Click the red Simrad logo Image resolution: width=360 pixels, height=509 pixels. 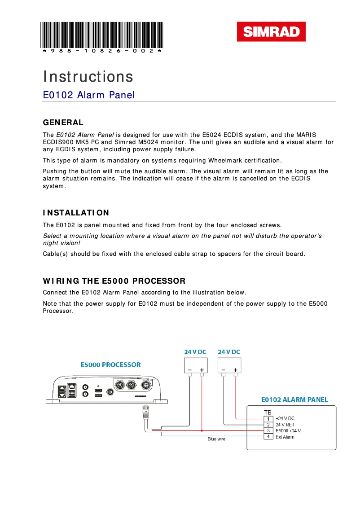[271, 32]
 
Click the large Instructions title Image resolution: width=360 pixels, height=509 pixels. [88, 77]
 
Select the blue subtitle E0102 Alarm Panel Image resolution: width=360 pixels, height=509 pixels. [88, 95]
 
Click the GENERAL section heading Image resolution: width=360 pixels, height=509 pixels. [63, 123]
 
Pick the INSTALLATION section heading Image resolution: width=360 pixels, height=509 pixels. [76, 213]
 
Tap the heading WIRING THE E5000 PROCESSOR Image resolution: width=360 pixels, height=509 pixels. [114, 281]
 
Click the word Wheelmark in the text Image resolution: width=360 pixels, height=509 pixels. [225, 161]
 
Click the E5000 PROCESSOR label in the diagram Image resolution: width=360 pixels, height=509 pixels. [111, 365]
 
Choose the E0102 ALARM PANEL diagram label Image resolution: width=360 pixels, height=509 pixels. [294, 399]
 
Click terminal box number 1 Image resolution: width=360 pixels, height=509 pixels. [268, 419]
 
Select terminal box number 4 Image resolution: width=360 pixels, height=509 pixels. [268, 437]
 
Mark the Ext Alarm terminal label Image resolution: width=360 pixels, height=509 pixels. [285, 437]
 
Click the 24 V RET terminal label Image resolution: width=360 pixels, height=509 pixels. [285, 425]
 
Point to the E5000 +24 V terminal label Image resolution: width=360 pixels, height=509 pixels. [288, 431]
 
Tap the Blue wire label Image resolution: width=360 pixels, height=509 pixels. [216, 439]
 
